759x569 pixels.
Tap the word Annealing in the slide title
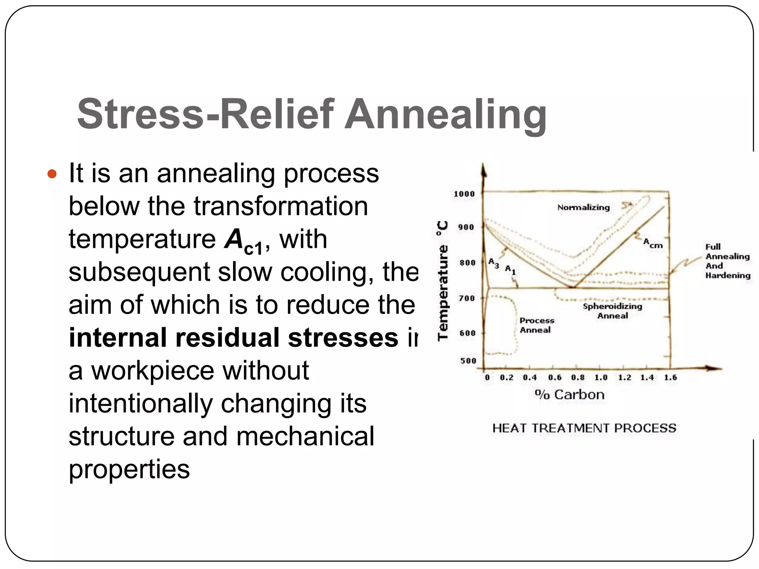point(445,115)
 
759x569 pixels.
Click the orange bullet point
point(53,174)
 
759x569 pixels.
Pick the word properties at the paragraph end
point(129,469)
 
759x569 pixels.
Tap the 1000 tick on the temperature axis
point(464,194)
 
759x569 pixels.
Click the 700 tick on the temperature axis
point(467,298)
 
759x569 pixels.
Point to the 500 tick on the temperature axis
point(468,361)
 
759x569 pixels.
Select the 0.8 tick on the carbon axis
point(578,377)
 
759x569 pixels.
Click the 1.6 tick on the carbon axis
point(670,377)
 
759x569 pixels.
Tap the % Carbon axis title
point(570,395)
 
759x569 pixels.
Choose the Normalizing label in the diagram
point(583,207)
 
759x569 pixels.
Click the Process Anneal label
point(536,325)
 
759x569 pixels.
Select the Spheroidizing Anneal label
point(612,311)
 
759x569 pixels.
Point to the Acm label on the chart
point(653,243)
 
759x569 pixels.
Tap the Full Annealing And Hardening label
point(727,261)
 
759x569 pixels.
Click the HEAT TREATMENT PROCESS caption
point(584,428)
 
